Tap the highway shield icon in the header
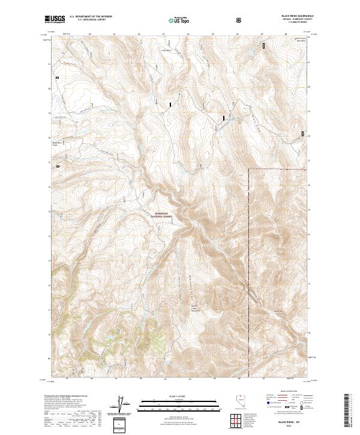[x=240, y=20]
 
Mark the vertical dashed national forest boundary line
[x=249, y=270]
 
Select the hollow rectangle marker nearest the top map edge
[x=263, y=44]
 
